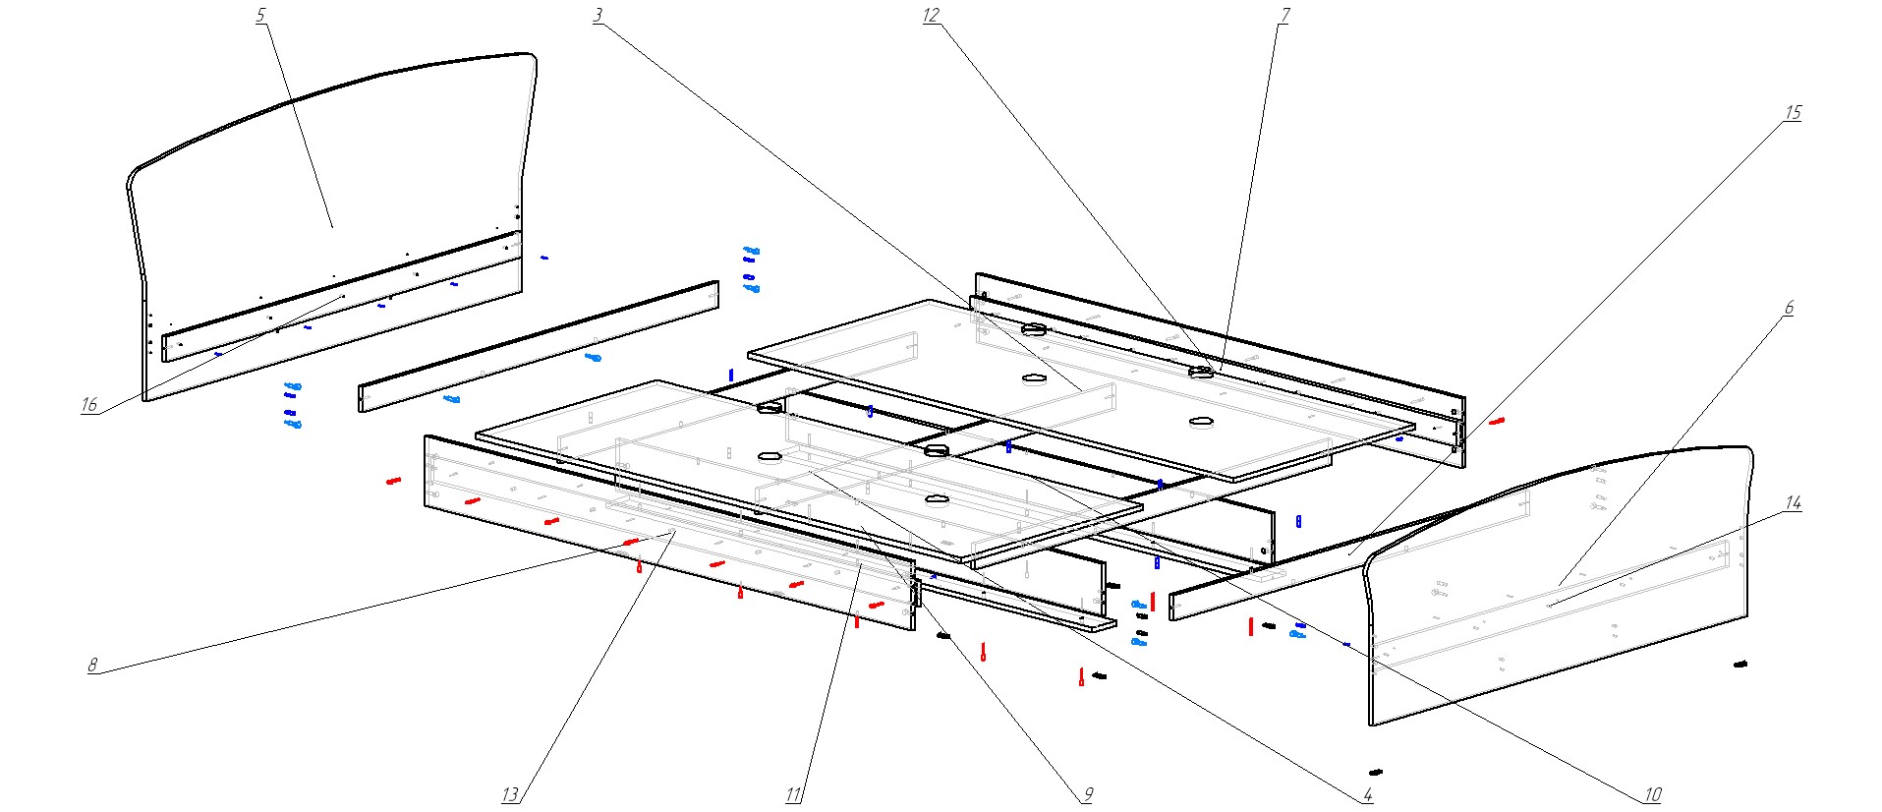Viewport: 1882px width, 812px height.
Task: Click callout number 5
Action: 260,17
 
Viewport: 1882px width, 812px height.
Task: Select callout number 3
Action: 598,16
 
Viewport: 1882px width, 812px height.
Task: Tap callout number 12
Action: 931,16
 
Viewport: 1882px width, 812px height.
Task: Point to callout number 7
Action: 1283,16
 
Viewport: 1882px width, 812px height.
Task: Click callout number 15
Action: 1793,113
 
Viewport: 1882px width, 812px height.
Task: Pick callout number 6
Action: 1789,309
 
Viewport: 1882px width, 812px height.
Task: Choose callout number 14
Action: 1793,503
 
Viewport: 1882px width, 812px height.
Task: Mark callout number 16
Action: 89,405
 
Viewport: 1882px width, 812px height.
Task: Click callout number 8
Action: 92,666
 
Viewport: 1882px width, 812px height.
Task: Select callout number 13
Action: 509,795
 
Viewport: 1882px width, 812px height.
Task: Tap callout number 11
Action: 793,795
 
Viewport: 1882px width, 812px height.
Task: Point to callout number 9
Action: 1087,795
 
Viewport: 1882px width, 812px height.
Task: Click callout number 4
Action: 1367,795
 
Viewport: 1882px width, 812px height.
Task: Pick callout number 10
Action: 1652,795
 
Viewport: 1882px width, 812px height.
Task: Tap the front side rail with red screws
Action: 668,531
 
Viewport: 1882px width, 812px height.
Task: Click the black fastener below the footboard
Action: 1376,772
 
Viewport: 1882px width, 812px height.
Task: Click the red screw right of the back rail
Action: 1496,421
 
